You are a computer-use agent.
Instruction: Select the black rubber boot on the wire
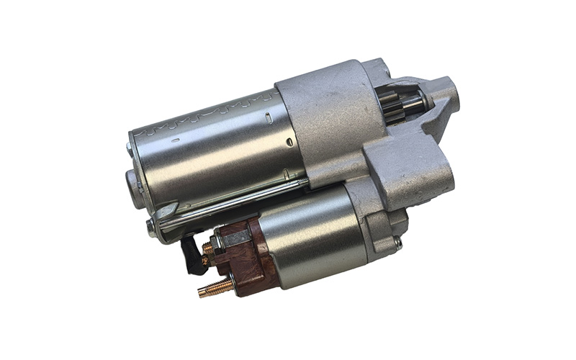pyautogui.click(x=191, y=256)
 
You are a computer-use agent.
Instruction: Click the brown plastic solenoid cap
pyautogui.click(x=241, y=256)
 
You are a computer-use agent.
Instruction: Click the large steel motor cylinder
pyautogui.click(x=216, y=144)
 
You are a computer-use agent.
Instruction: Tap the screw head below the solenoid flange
pyautogui.click(x=397, y=243)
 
